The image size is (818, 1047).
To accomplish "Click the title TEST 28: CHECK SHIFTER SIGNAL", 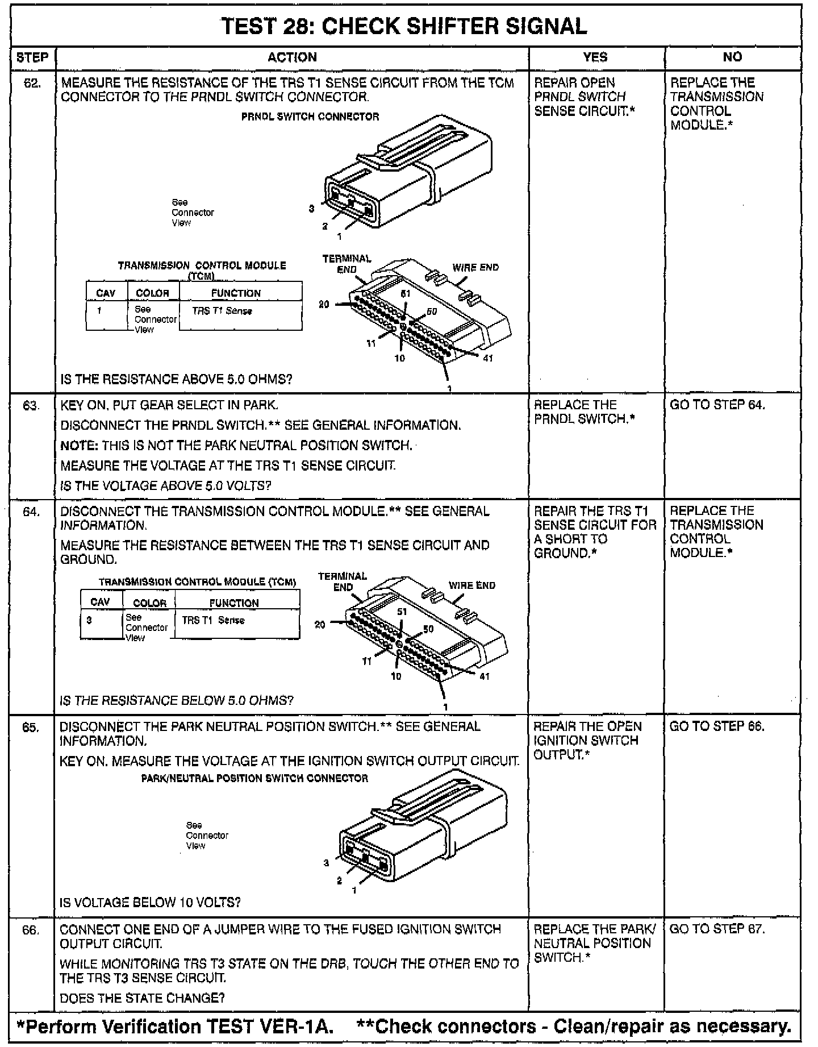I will pyautogui.click(x=404, y=26).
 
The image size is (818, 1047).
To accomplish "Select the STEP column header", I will pyautogui.click(x=32, y=57).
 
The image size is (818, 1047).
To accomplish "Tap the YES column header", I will pyautogui.click(x=595, y=57).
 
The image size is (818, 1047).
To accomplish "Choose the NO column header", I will pyautogui.click(x=732, y=57).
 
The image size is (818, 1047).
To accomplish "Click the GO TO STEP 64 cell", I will pyautogui.click(x=717, y=405).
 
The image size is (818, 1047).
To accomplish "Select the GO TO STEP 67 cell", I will pyautogui.click(x=717, y=929).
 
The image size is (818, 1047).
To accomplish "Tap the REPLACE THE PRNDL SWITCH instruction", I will pyautogui.click(x=584, y=412).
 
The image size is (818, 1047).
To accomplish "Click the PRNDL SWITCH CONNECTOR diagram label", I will pyautogui.click(x=310, y=117).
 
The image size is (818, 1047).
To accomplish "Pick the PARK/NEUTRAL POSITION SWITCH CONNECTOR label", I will pyautogui.click(x=254, y=778).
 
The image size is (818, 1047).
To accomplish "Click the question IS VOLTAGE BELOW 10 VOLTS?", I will pyautogui.click(x=150, y=902).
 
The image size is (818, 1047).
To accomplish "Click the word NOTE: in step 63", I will pyautogui.click(x=80, y=446).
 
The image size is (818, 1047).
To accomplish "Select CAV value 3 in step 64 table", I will pyautogui.click(x=89, y=620).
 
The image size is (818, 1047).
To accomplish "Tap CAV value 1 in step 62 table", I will pyautogui.click(x=99, y=311).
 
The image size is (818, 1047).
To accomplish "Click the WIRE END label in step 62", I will pyautogui.click(x=475, y=267).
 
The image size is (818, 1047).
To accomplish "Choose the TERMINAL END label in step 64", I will pyautogui.click(x=343, y=581).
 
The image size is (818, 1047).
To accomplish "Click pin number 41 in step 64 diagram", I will pyautogui.click(x=484, y=676).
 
